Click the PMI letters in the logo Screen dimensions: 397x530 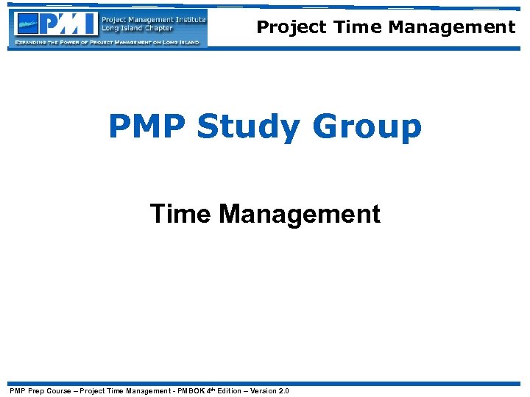point(69,24)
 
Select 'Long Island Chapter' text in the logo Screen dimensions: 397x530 point(138,29)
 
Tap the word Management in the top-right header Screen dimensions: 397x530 point(452,27)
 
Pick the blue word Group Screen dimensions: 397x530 point(367,127)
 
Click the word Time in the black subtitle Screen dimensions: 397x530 point(181,214)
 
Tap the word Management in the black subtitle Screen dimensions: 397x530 point(300,215)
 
